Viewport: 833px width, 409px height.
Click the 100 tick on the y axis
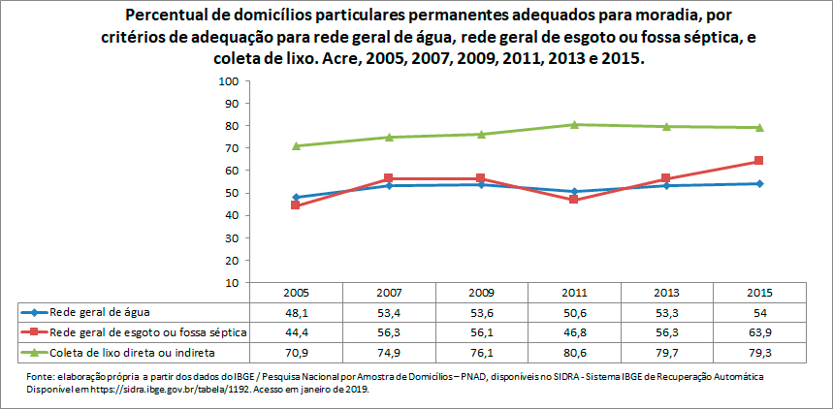point(230,81)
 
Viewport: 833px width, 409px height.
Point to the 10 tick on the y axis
point(233,283)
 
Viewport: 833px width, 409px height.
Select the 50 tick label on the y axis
point(233,193)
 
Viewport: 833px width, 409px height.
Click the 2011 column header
point(574,293)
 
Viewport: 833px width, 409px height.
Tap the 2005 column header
point(296,293)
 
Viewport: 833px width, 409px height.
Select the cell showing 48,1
point(296,312)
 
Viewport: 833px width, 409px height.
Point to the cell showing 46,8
point(574,331)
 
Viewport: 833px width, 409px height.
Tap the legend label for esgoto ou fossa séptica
point(145,331)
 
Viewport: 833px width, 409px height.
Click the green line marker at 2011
point(574,124)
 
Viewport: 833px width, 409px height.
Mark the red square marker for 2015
point(759,161)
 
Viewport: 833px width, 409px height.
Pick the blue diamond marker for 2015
point(759,183)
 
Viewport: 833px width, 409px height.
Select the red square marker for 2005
point(296,205)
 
